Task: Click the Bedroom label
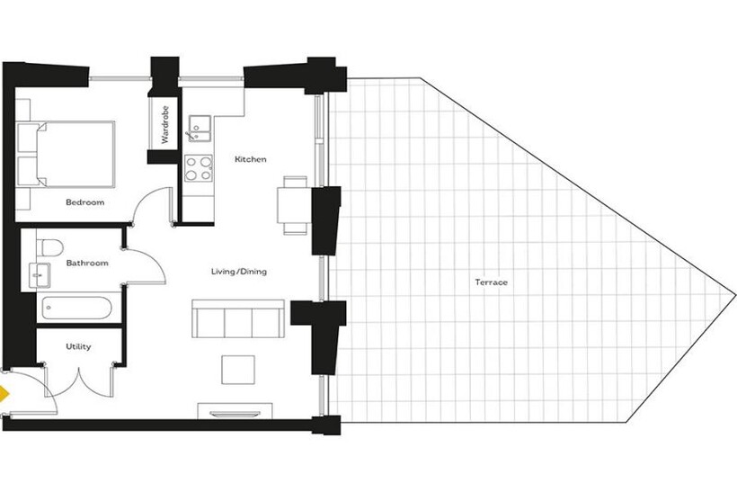85,202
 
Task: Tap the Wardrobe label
164,125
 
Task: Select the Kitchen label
251,159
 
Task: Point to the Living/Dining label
239,272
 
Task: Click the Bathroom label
87,263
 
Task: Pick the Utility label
78,346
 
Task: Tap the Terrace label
491,282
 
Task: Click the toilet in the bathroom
49,247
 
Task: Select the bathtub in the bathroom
76,309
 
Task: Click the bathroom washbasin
40,274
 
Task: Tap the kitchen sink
200,129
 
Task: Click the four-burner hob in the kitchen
199,168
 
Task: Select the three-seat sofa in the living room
238,318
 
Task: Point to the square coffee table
238,370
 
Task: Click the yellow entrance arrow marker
4,394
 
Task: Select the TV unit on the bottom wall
235,411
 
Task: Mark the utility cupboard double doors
79,382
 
